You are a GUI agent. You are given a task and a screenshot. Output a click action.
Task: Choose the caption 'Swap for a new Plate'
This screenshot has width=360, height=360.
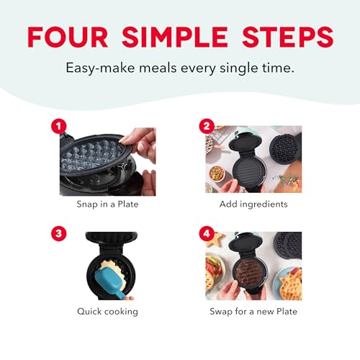pos(253,312)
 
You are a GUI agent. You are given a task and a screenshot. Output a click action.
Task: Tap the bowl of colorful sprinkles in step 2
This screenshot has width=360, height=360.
pos(216,173)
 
